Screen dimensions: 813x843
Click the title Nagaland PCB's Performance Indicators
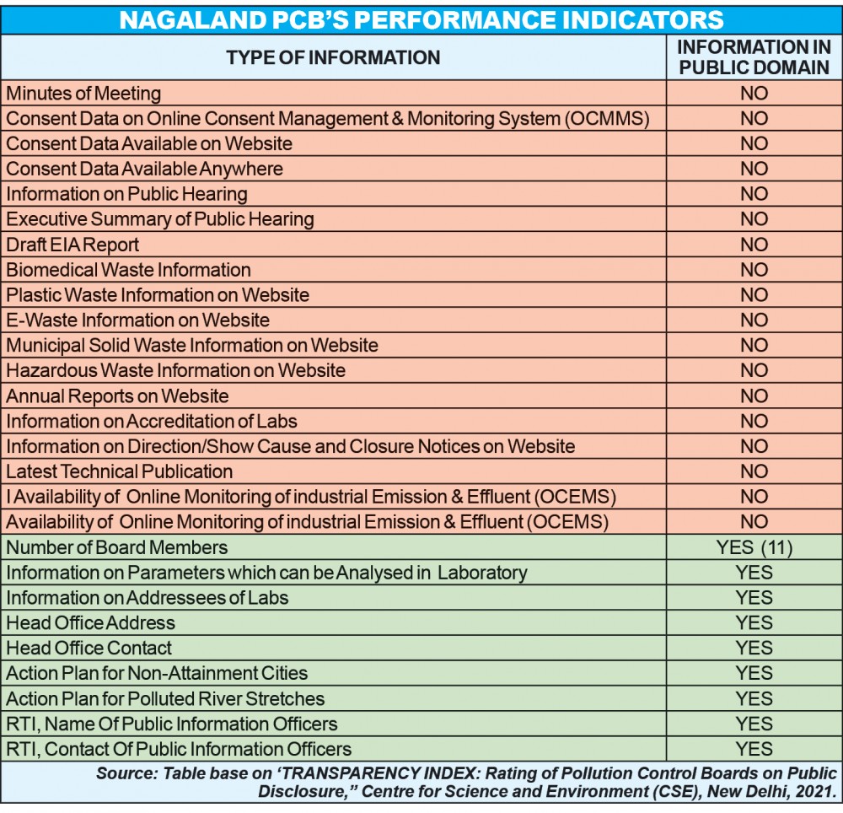click(x=421, y=18)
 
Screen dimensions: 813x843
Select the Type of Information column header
click(x=333, y=57)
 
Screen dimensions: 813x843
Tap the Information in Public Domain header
click(x=754, y=57)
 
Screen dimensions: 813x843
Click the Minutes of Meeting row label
click(x=83, y=94)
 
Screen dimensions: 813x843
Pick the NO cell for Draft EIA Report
click(x=754, y=245)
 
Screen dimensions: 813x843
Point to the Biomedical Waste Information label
click(x=128, y=270)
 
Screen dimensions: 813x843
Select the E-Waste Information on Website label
click(x=137, y=320)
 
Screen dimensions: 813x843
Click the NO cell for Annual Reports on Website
click(x=754, y=396)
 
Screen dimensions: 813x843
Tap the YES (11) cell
click(x=754, y=547)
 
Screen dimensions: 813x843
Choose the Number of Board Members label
click(x=116, y=547)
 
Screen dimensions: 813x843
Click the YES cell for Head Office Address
click(x=754, y=623)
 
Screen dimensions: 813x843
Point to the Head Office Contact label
click(x=89, y=649)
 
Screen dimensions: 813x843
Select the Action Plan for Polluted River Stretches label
click(x=165, y=699)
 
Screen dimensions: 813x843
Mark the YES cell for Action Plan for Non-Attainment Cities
click(x=754, y=674)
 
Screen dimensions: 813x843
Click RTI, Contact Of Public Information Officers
click(x=179, y=749)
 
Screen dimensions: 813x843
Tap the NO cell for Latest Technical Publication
click(x=754, y=471)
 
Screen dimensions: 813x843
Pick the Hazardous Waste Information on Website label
click(x=175, y=371)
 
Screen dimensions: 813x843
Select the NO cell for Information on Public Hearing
click(x=754, y=194)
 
